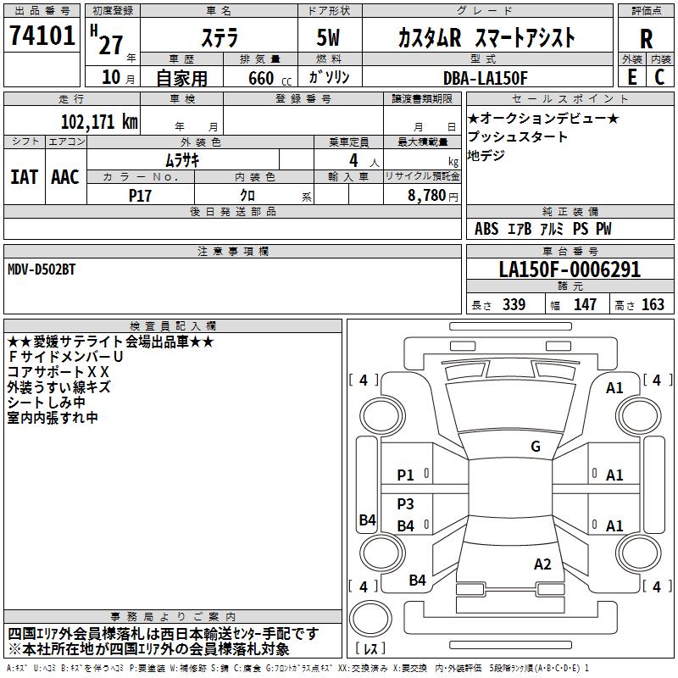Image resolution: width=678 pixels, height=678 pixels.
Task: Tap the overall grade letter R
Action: (x=646, y=37)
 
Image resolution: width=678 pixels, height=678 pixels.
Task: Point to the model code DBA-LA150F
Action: (x=485, y=78)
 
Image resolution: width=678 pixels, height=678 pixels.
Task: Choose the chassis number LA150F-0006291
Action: (x=570, y=270)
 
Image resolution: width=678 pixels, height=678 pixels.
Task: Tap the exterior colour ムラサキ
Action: (x=181, y=159)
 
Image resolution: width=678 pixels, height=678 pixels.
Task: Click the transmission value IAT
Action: (x=24, y=176)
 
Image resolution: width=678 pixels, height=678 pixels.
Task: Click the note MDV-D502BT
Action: (x=42, y=269)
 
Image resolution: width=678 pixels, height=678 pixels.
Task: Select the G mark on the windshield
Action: (x=535, y=447)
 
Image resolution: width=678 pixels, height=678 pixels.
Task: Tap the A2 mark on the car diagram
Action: (x=542, y=564)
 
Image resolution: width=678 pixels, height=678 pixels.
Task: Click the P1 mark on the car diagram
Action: (x=406, y=475)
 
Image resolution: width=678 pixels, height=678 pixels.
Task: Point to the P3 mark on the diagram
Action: (x=406, y=503)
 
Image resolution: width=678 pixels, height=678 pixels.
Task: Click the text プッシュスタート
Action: (x=518, y=136)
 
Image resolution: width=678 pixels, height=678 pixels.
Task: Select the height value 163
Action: (x=653, y=305)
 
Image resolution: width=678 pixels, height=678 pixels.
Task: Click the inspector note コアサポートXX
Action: (x=58, y=371)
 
